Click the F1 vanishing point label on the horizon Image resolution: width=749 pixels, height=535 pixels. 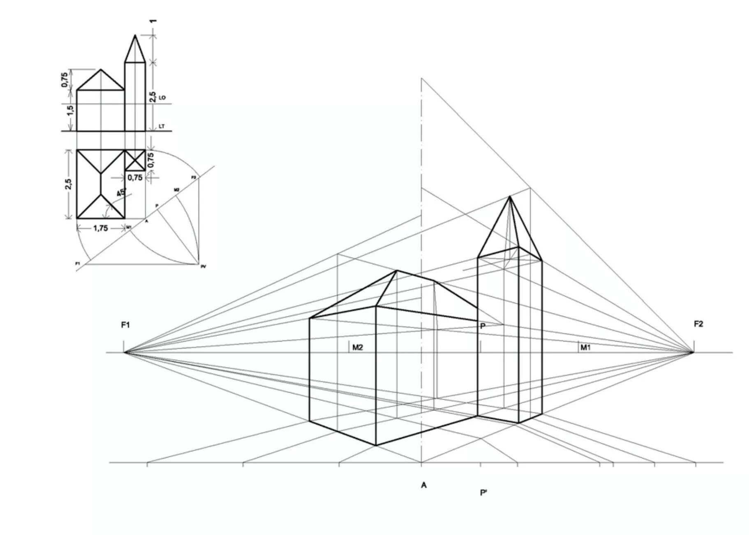125,325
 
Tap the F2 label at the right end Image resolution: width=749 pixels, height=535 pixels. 698,324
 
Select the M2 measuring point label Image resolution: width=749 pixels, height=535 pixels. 358,348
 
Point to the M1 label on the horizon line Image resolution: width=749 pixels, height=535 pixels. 585,348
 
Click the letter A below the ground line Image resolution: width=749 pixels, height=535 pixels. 423,486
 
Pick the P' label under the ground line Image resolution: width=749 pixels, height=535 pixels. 483,493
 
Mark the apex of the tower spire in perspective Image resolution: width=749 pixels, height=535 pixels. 510,197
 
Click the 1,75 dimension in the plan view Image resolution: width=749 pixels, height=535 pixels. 100,228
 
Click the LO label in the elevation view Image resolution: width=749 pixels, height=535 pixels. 162,98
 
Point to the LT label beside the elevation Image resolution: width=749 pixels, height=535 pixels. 162,127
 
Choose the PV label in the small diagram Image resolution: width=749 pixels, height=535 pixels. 203,267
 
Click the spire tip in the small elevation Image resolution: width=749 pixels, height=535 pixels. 135,35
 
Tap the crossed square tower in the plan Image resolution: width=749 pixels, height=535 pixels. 135,160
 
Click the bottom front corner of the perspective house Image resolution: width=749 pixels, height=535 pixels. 376,445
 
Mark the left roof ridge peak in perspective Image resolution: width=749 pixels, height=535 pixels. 397,271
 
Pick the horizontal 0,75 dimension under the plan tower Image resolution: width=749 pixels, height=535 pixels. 135,178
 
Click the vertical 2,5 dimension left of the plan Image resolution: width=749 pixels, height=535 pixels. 70,184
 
